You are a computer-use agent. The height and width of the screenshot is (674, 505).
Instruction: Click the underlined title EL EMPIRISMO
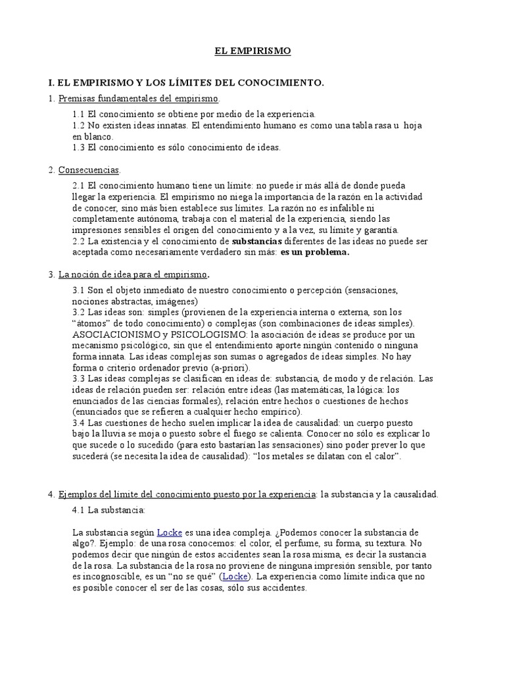[253, 51]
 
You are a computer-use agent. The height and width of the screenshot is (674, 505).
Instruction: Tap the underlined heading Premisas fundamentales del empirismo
[138, 98]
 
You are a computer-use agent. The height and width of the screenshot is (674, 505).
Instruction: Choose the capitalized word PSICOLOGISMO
[206, 334]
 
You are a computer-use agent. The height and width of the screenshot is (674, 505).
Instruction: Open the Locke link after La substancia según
[169, 532]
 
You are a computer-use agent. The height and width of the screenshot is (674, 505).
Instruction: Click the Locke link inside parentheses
[235, 576]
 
